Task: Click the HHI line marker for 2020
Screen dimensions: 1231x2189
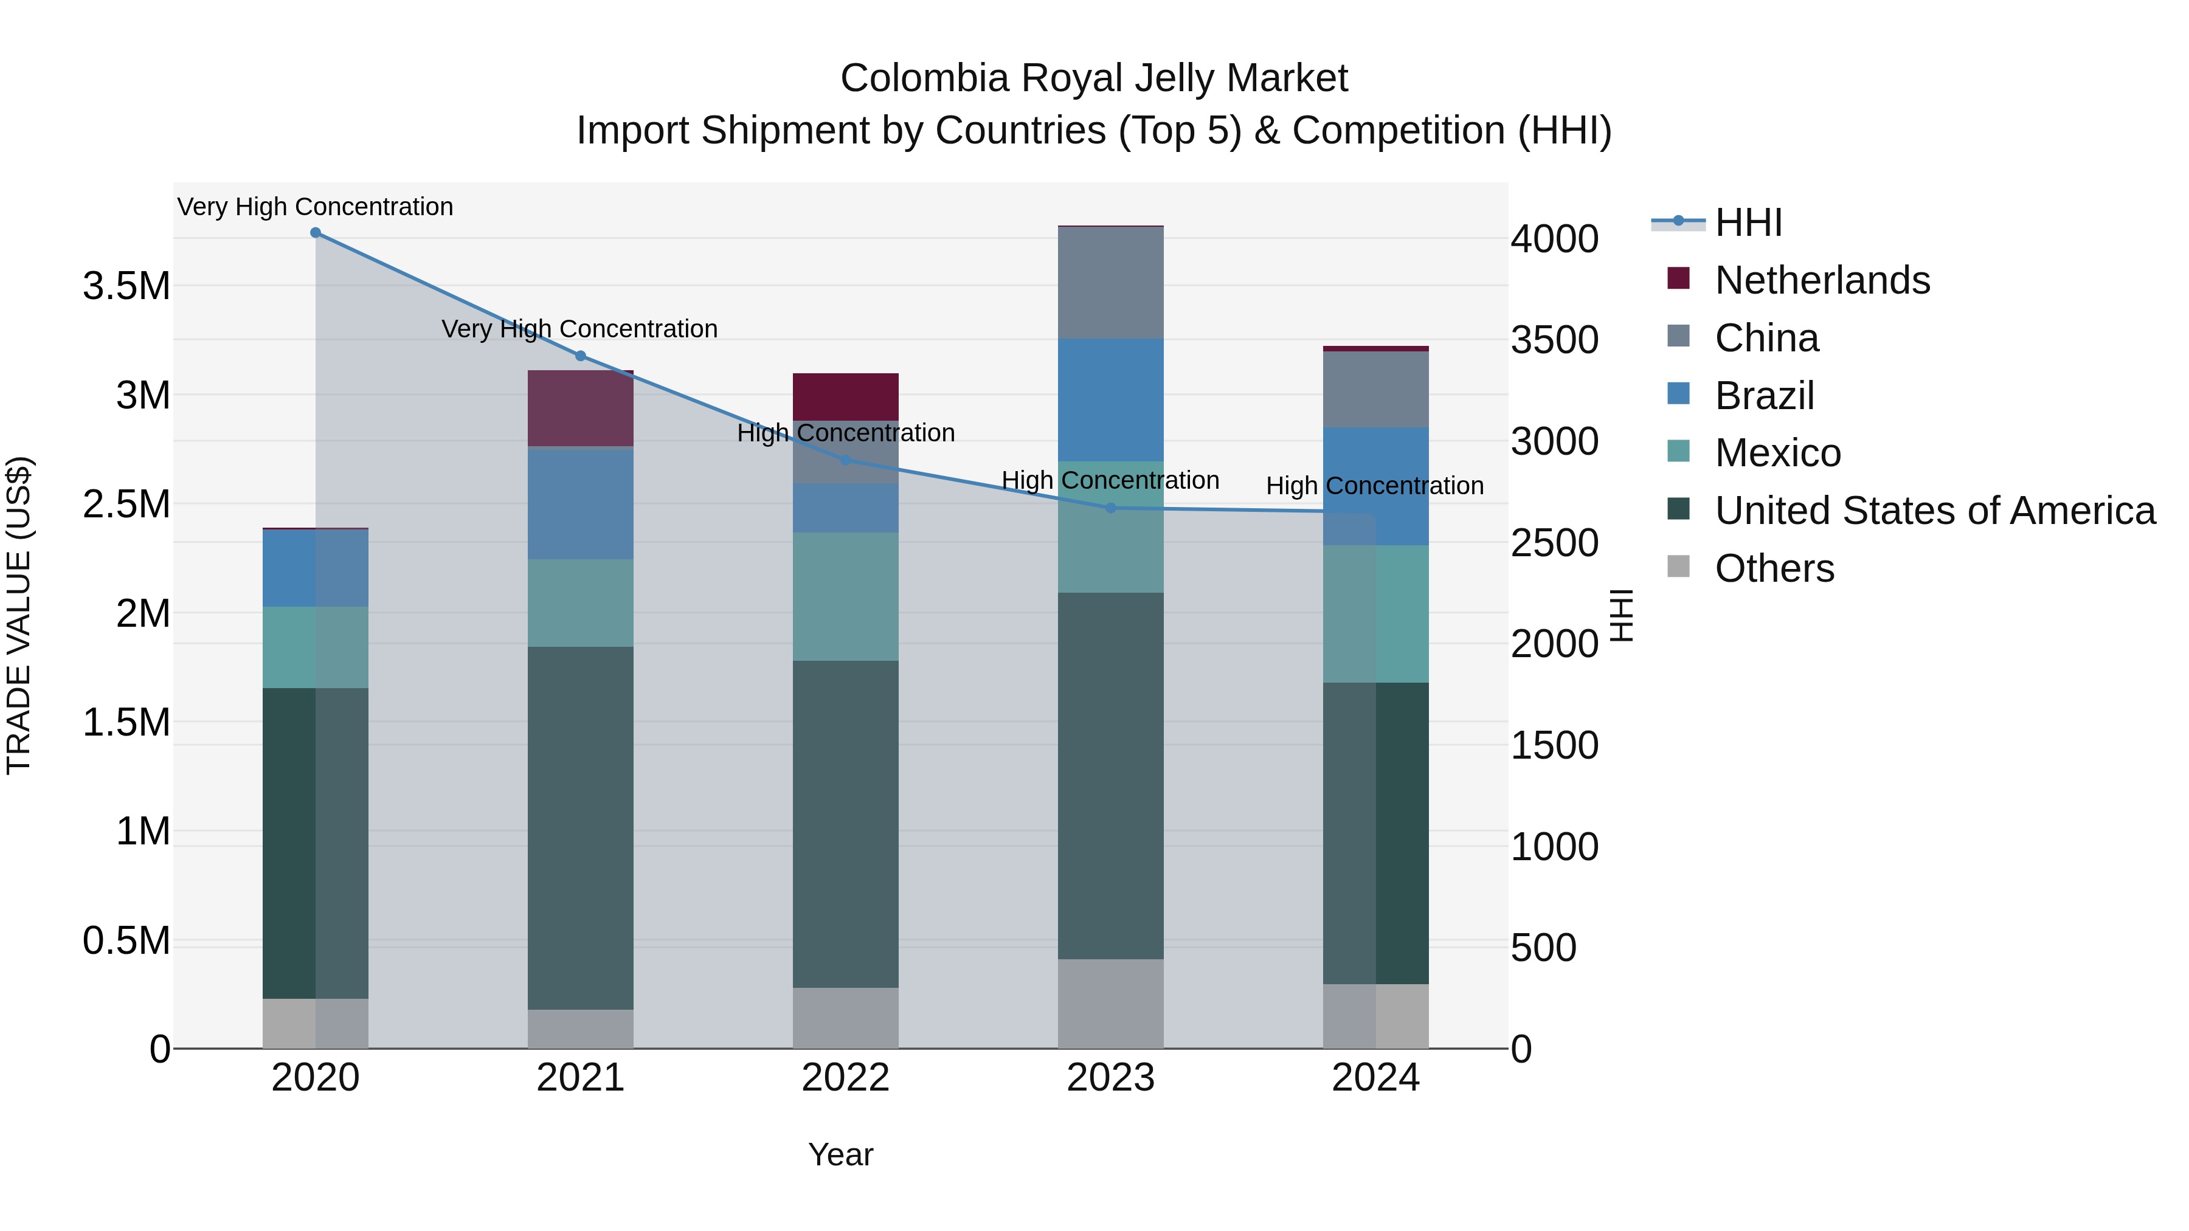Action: [315, 233]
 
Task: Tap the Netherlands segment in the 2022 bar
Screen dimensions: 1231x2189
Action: [846, 397]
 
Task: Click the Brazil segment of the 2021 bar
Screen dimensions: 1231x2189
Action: [581, 503]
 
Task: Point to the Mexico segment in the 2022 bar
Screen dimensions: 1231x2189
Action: [846, 596]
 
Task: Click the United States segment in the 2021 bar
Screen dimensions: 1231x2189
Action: [581, 829]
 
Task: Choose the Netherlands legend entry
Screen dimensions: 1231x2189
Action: [1821, 280]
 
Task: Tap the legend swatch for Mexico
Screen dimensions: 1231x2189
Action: [1678, 451]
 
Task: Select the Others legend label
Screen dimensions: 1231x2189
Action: [1774, 568]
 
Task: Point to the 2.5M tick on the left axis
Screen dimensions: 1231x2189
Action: [126, 505]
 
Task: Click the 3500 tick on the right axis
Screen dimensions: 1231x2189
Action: [1554, 340]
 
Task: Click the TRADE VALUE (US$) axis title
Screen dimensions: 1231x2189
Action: [19, 615]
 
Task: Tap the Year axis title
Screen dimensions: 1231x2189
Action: [840, 1154]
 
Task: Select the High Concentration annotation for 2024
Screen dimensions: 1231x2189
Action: [1374, 486]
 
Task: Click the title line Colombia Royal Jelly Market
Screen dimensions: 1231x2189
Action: [1094, 78]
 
